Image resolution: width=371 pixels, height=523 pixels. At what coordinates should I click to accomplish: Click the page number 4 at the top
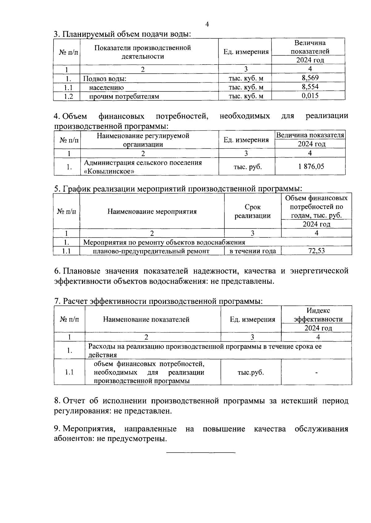coord(207,24)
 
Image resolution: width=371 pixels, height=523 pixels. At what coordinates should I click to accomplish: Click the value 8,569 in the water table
coord(310,78)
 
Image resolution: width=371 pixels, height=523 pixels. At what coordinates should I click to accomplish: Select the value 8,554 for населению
coord(310,87)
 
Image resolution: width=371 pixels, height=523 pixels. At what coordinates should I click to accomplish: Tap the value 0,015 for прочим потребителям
coord(310,96)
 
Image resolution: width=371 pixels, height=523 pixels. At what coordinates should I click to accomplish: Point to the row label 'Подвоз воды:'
coord(105,79)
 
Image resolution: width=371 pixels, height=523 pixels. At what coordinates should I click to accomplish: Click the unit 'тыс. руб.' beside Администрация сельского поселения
coord(247,167)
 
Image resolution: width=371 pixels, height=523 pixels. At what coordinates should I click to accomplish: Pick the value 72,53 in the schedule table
coord(317,251)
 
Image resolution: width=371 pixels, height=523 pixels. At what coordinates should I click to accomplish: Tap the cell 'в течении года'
coord(253,251)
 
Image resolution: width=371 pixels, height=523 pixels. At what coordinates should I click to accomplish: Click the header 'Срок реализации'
coord(253,211)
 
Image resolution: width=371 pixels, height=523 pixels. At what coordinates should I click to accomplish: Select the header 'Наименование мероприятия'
coord(152,211)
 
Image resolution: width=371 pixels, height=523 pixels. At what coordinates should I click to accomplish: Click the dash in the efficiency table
coord(317,373)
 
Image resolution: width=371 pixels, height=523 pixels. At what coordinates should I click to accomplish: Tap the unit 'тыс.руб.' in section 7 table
coord(251,372)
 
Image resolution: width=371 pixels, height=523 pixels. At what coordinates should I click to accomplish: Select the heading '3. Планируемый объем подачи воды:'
coord(122,34)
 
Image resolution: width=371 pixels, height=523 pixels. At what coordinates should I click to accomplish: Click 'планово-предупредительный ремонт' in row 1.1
coord(151,251)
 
